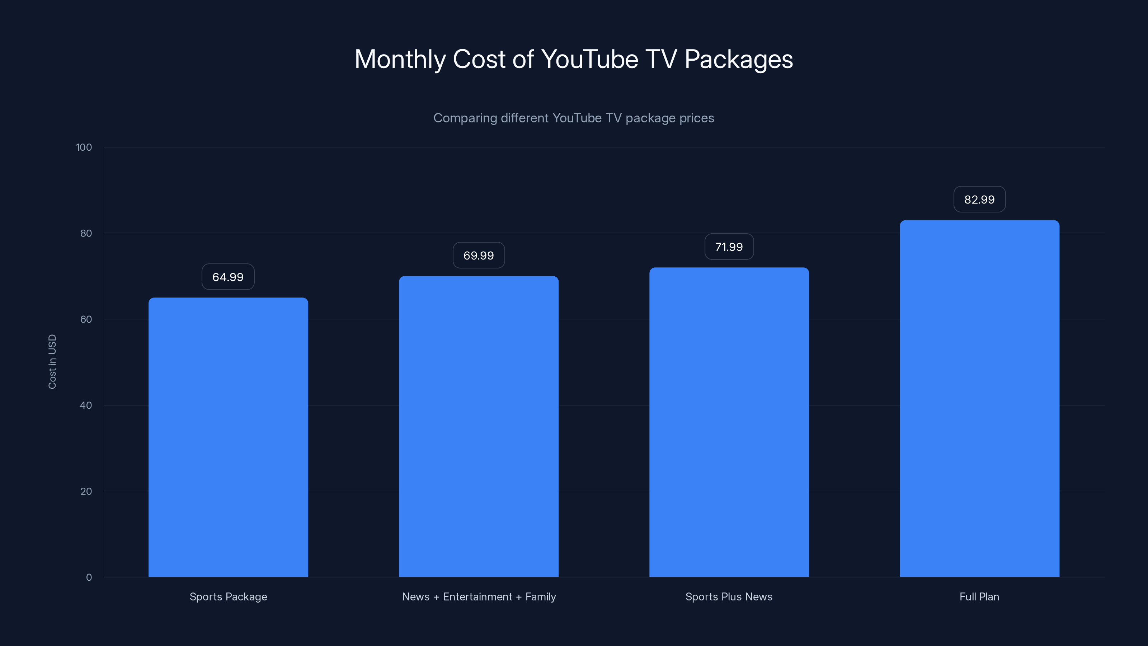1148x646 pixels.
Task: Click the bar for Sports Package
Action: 228,437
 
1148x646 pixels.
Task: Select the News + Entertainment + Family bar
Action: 479,426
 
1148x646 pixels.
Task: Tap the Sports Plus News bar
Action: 729,422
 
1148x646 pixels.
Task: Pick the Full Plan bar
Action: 979,398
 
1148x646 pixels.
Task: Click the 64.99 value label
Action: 228,277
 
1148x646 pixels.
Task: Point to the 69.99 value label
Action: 479,256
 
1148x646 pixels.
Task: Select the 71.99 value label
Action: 729,247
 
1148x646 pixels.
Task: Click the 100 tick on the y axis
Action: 84,148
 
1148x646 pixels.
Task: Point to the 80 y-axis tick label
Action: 86,234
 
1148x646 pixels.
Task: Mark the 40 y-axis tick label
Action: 86,406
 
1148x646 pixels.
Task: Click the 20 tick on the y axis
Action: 86,492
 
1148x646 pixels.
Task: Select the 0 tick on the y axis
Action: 89,578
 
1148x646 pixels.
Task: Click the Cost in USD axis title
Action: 53,361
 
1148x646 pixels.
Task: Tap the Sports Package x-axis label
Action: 228,597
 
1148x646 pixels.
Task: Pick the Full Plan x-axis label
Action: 979,597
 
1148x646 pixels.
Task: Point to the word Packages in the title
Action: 738,59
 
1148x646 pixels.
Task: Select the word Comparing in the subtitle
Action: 465,118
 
